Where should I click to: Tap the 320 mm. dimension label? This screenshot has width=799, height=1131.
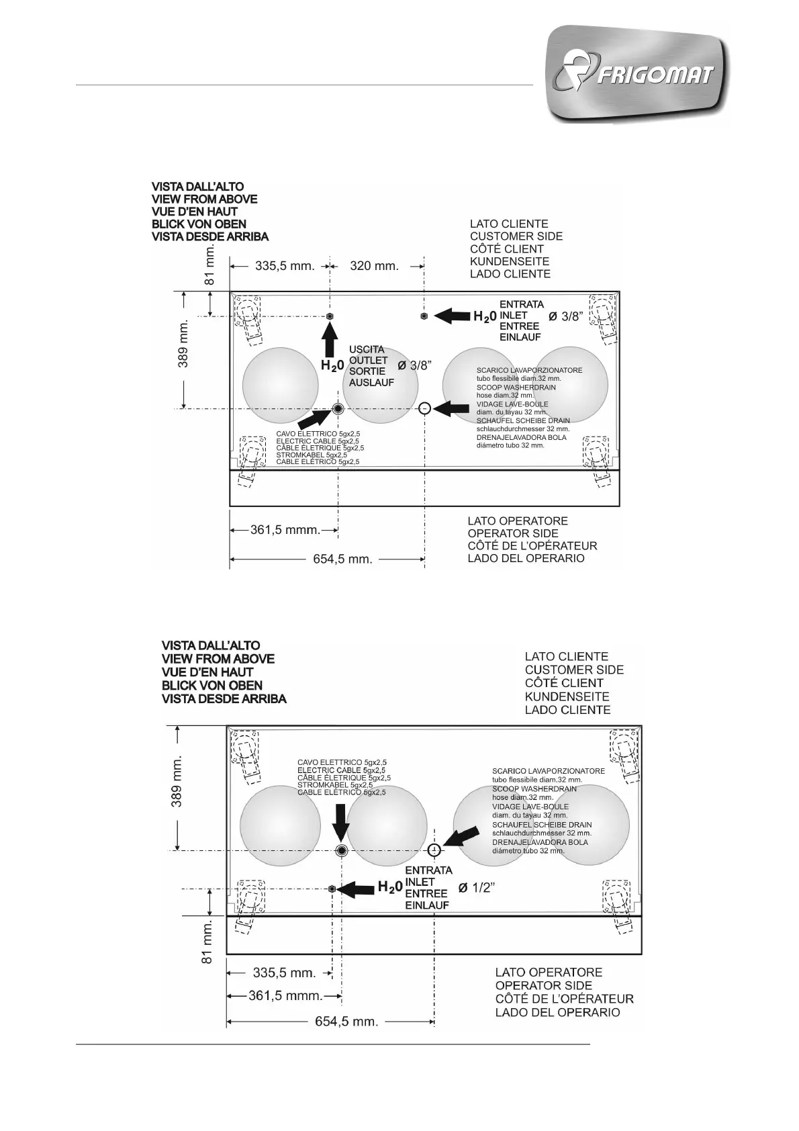pos(375,266)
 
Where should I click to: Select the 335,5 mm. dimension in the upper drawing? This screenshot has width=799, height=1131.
pos(285,266)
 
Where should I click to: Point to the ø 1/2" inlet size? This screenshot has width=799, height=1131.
pos(477,888)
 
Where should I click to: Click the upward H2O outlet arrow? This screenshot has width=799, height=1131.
pos(329,340)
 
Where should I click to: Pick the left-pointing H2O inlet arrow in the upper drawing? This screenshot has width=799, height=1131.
pos(452,316)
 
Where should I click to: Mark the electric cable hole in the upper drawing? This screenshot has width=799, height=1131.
pos(338,409)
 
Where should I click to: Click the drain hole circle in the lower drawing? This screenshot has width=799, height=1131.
pos(435,850)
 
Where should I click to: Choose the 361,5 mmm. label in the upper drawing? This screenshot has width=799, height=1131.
pos(285,530)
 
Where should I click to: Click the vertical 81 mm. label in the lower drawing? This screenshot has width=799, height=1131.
pos(207,942)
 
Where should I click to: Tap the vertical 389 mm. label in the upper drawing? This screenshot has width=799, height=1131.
pos(183,343)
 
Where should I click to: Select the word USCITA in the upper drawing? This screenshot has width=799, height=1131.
pos(367,350)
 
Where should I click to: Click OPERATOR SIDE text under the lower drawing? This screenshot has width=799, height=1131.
pos(544,985)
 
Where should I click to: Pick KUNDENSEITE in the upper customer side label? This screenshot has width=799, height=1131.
pos(509,261)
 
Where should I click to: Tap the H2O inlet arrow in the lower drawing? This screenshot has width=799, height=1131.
pos(357,889)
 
